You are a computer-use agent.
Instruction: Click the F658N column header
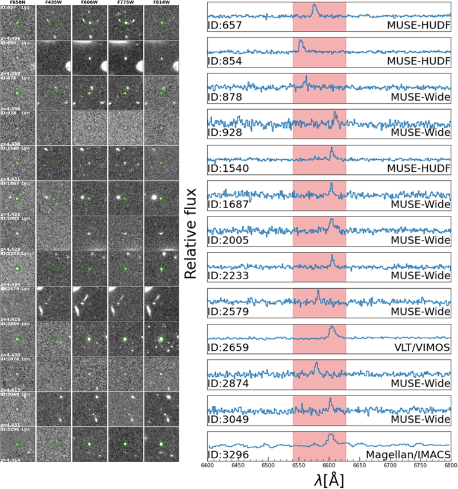(x=17, y=3)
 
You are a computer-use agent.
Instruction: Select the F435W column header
(x=54, y=3)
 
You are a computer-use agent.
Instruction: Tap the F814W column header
(x=162, y=3)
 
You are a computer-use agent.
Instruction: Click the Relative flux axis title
(x=192, y=232)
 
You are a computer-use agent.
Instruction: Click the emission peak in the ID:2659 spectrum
(x=331, y=327)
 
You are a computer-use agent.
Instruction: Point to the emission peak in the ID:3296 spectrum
(x=330, y=434)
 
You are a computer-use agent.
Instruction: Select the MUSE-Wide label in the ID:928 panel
(x=422, y=134)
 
